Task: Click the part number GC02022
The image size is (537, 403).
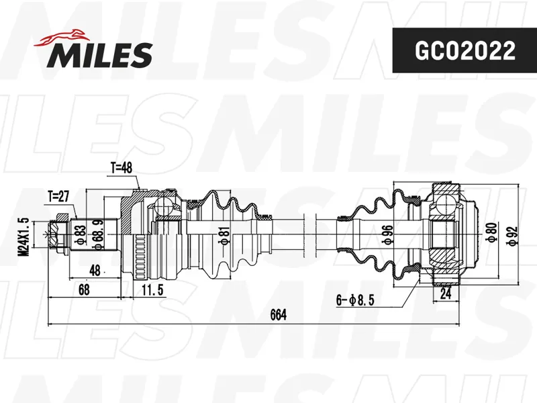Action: (x=465, y=50)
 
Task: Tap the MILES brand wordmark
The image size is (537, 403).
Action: (x=99, y=55)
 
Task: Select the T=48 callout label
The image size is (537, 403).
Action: (x=121, y=169)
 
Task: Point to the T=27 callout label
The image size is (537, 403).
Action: (x=58, y=197)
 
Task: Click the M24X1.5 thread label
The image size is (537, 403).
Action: (x=24, y=237)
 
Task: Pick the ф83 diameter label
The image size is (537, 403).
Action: (x=81, y=234)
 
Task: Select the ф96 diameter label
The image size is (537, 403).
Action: (x=389, y=234)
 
